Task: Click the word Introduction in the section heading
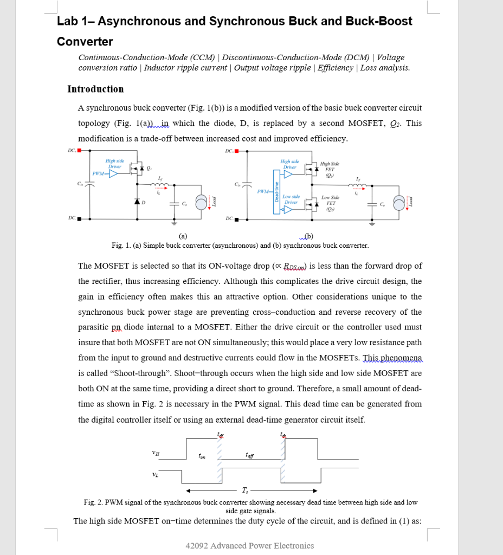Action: (95, 89)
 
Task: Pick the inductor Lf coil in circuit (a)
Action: (160, 186)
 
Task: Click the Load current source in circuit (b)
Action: (398, 202)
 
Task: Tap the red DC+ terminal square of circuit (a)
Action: (79, 150)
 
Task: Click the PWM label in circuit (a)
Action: (99, 173)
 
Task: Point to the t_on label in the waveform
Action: (202, 456)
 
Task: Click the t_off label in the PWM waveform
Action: (249, 456)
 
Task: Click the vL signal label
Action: (156, 476)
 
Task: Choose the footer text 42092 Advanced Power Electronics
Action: (249, 545)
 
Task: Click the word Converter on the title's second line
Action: (85, 42)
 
